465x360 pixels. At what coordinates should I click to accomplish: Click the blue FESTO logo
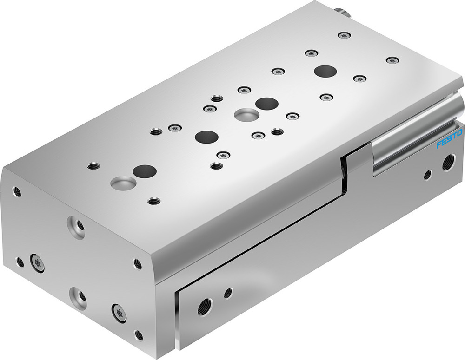click(x=450, y=140)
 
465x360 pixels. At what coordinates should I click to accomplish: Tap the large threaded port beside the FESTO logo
click(x=448, y=162)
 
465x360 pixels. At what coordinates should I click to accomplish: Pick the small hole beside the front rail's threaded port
click(x=228, y=293)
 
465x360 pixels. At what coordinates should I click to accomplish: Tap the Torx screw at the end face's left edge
click(x=38, y=263)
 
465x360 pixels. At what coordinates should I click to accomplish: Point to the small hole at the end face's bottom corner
click(x=138, y=335)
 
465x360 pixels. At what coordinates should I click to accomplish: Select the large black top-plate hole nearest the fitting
click(x=325, y=72)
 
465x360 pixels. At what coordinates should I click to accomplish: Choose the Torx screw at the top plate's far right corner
click(x=393, y=60)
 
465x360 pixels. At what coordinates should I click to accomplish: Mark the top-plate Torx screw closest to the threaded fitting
click(x=344, y=35)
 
